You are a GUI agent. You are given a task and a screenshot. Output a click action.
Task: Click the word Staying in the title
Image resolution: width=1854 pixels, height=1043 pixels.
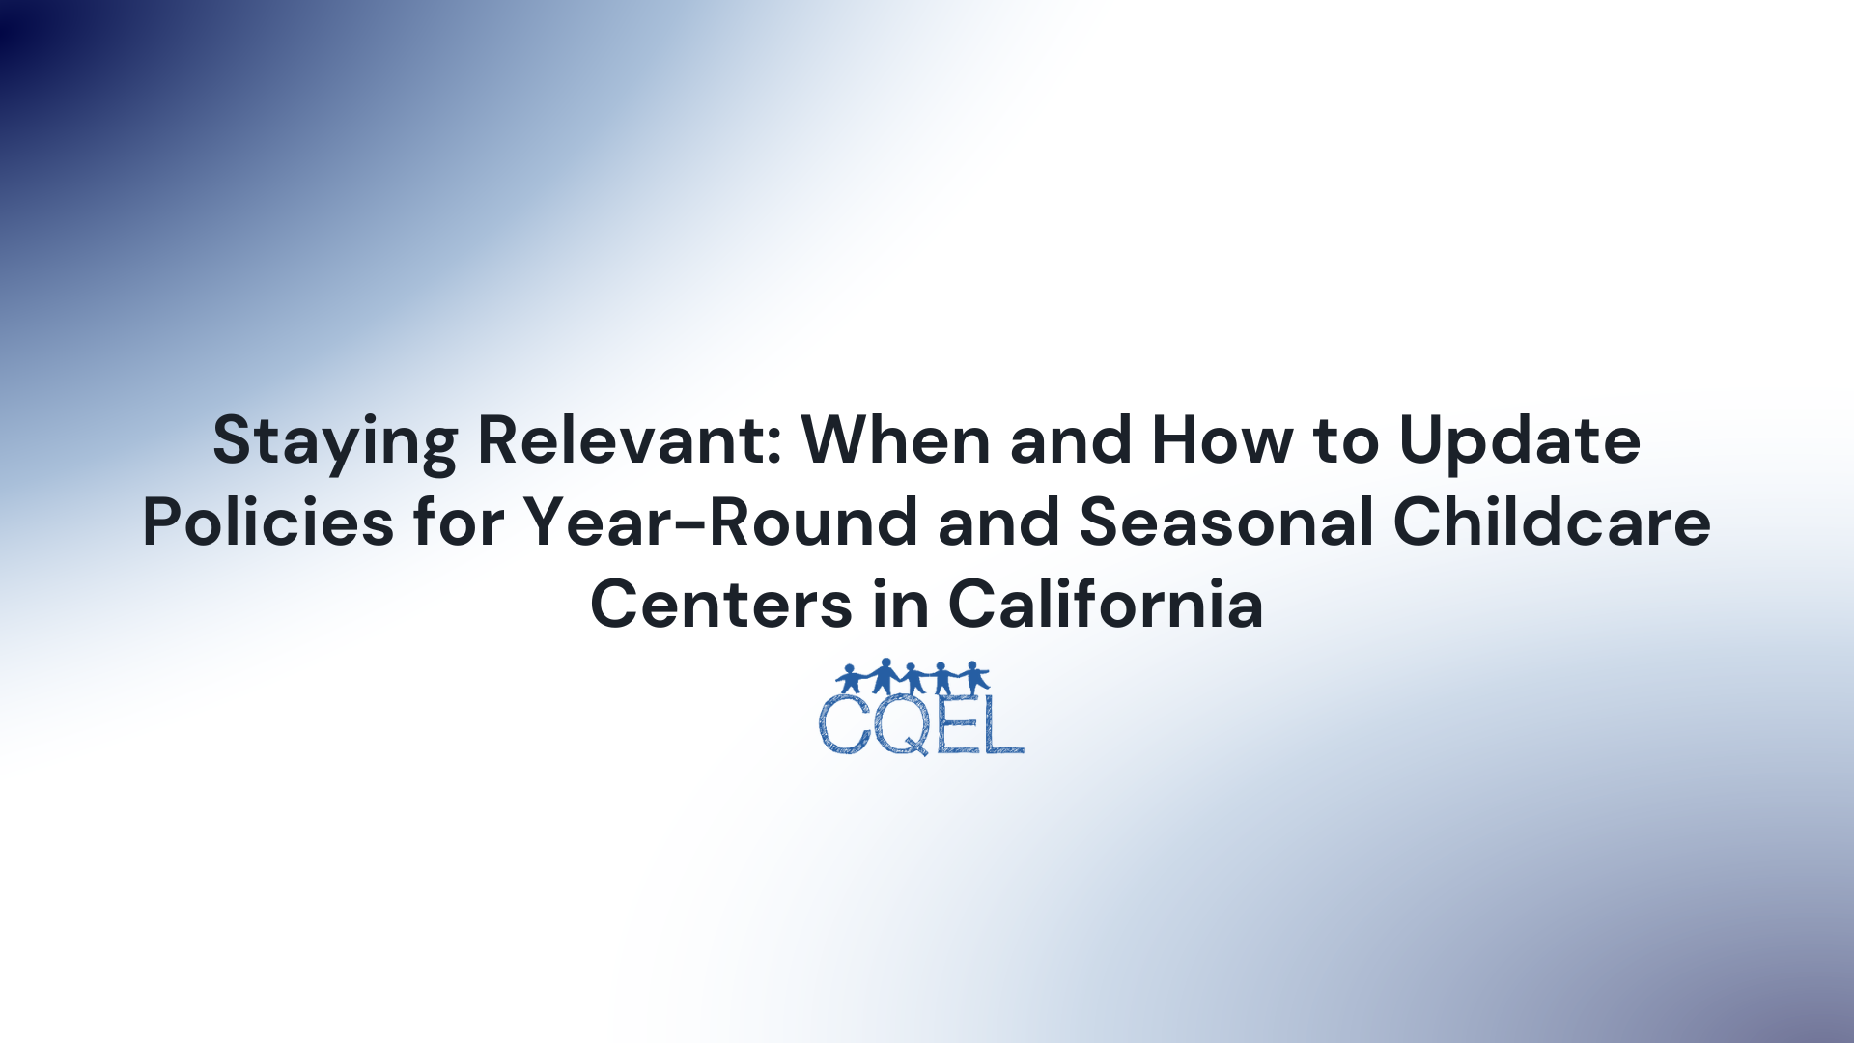(x=334, y=442)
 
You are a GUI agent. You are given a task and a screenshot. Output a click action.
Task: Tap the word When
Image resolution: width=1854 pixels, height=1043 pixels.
(x=896, y=440)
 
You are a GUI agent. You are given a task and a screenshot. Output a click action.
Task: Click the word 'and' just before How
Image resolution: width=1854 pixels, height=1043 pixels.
(x=1071, y=440)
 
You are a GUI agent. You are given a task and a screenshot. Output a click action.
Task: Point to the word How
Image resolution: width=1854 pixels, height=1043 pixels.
(x=1222, y=440)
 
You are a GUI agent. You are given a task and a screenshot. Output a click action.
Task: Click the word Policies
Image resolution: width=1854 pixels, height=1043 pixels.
(x=267, y=522)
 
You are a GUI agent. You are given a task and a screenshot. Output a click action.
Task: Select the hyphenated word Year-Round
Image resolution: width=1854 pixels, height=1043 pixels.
(x=720, y=522)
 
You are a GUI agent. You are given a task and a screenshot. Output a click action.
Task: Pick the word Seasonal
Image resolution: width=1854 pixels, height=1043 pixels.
(x=1225, y=522)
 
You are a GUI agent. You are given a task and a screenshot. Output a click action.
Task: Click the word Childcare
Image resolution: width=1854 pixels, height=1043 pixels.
(x=1552, y=522)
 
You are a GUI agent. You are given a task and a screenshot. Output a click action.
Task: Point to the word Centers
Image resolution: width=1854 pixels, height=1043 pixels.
(x=721, y=605)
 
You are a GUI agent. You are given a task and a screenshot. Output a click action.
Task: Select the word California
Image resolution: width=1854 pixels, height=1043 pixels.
(x=1106, y=605)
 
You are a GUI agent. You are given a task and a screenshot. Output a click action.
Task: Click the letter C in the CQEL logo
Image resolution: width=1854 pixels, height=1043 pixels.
(x=845, y=724)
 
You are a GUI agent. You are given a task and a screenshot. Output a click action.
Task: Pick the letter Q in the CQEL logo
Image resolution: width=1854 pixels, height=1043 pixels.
(x=904, y=726)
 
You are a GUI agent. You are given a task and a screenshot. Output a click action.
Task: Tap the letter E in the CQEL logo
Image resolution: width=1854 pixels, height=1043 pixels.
(x=956, y=724)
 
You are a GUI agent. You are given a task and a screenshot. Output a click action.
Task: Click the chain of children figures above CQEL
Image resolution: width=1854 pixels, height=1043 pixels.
(x=913, y=676)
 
